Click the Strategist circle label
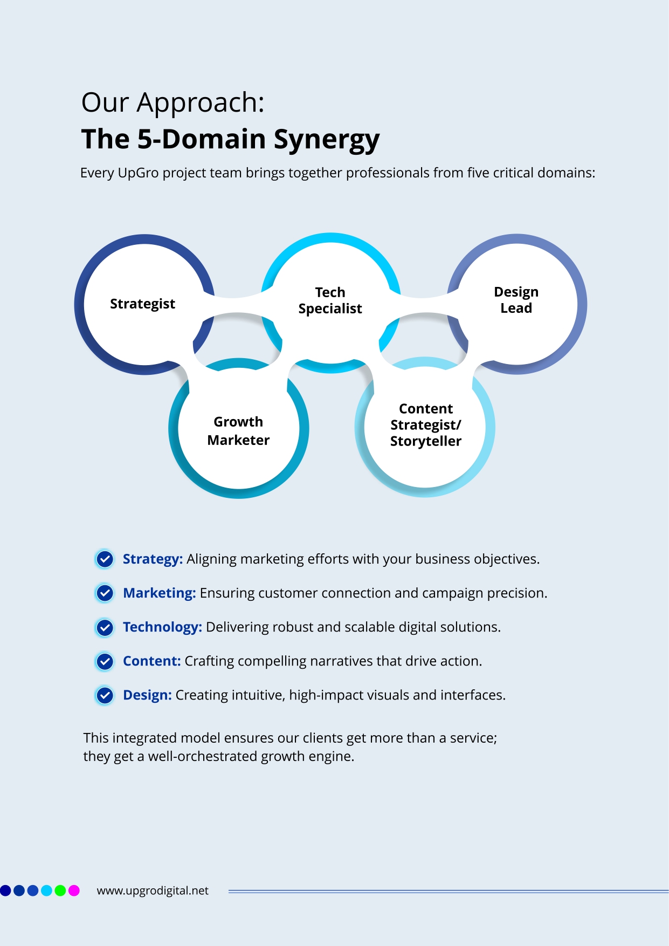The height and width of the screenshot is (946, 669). tap(142, 304)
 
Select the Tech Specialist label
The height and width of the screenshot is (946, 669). tap(330, 300)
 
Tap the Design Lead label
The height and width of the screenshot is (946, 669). tap(516, 300)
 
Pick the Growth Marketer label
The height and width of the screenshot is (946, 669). tap(238, 431)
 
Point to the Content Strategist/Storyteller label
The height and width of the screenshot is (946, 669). tap(425, 425)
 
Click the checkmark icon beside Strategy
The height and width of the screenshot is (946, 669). tap(105, 559)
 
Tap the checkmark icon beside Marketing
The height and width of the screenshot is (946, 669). tap(105, 593)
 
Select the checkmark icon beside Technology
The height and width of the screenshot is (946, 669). tap(105, 627)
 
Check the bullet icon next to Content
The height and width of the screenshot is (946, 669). tap(105, 661)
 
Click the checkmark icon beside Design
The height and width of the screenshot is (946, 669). tap(105, 695)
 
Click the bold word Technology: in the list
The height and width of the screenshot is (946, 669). tap(162, 627)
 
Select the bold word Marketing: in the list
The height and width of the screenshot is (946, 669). tap(159, 593)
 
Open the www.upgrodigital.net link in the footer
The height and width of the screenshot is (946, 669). tap(153, 890)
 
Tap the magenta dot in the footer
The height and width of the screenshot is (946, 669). tap(74, 890)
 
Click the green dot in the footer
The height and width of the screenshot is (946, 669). tap(60, 890)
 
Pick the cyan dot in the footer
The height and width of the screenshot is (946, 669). tap(46, 890)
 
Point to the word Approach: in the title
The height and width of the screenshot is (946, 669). tap(201, 102)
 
